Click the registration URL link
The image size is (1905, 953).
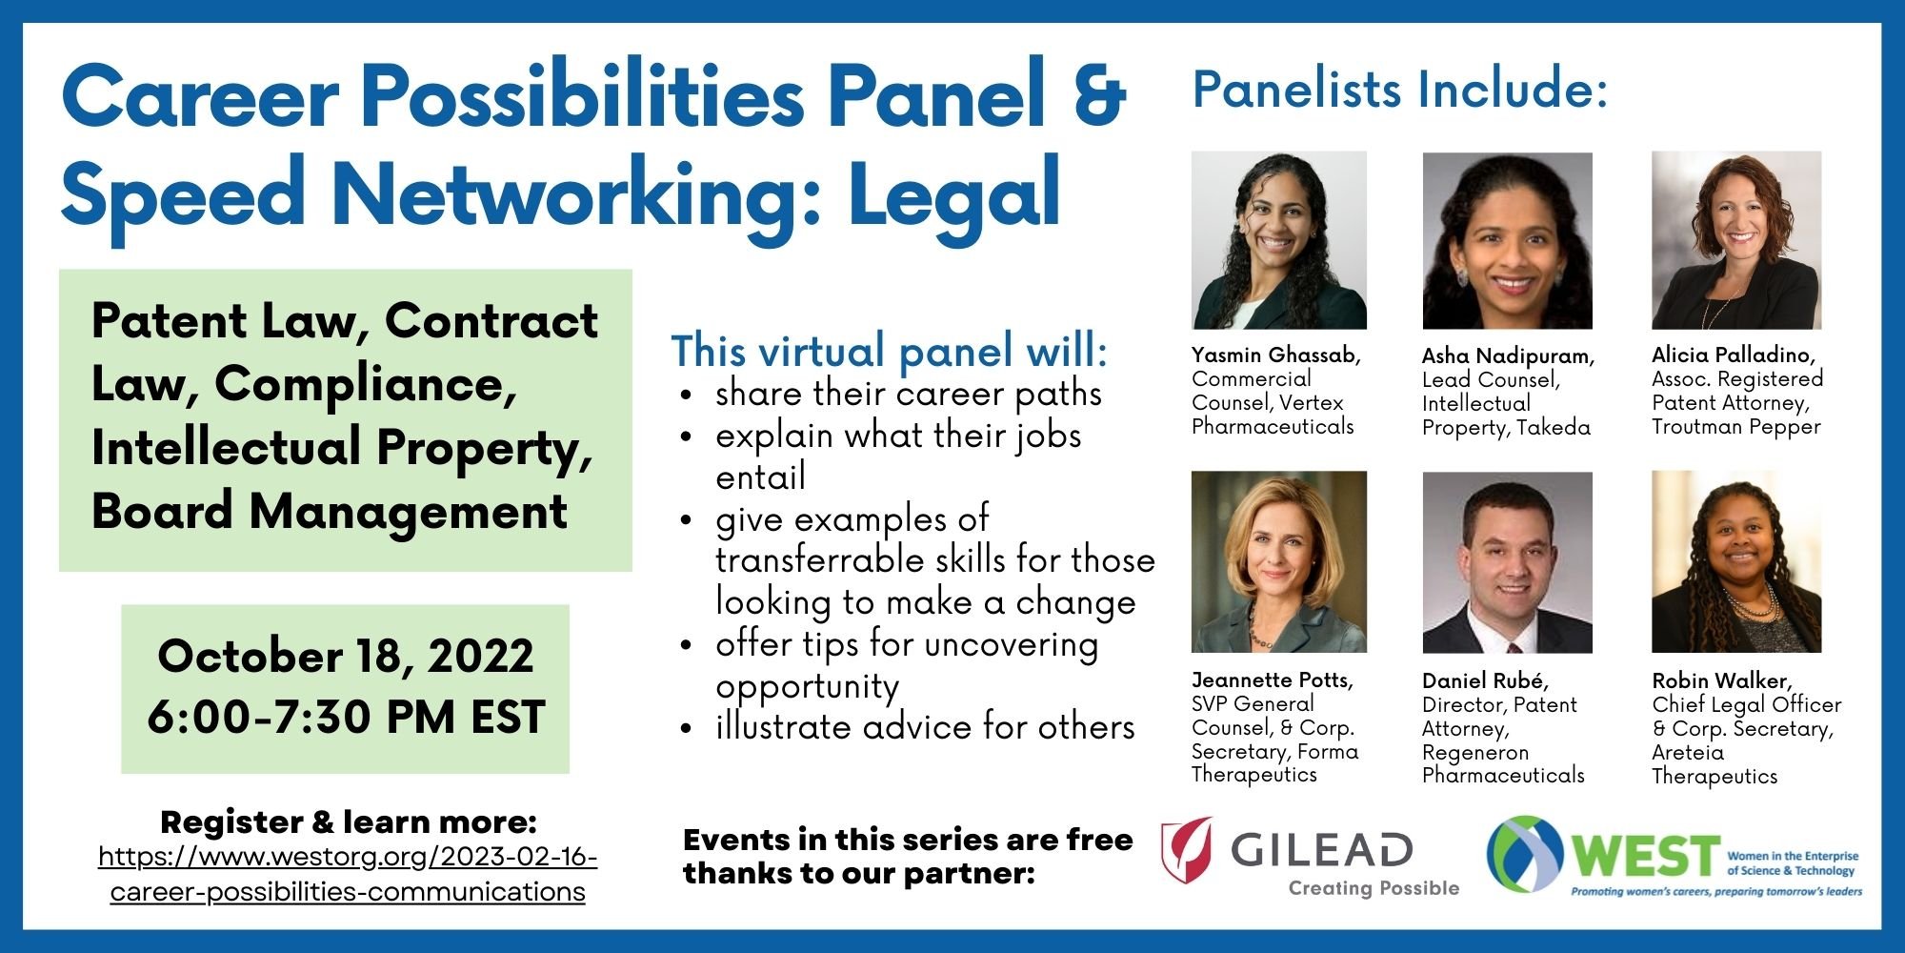tap(348, 874)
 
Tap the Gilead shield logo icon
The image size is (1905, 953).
tap(1187, 849)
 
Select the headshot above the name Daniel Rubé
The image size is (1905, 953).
tap(1507, 562)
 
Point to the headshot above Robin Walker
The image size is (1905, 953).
tap(1736, 562)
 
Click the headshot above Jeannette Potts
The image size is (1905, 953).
tap(1279, 562)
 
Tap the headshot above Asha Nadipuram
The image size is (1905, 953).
tap(1507, 240)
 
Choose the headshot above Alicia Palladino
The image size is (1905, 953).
tap(1736, 240)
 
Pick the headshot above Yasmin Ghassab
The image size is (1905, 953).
tap(1279, 240)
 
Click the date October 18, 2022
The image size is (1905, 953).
tap(346, 657)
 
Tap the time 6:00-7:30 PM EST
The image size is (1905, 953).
tap(346, 718)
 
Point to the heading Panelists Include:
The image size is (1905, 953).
tap(1400, 91)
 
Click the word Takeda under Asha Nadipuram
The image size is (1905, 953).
tap(1554, 428)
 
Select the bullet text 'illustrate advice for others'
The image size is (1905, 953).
tap(925, 727)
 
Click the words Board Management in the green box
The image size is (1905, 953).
tap(330, 512)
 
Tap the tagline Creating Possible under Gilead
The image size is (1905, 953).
tap(1374, 888)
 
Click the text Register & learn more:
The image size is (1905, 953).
tap(349, 821)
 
